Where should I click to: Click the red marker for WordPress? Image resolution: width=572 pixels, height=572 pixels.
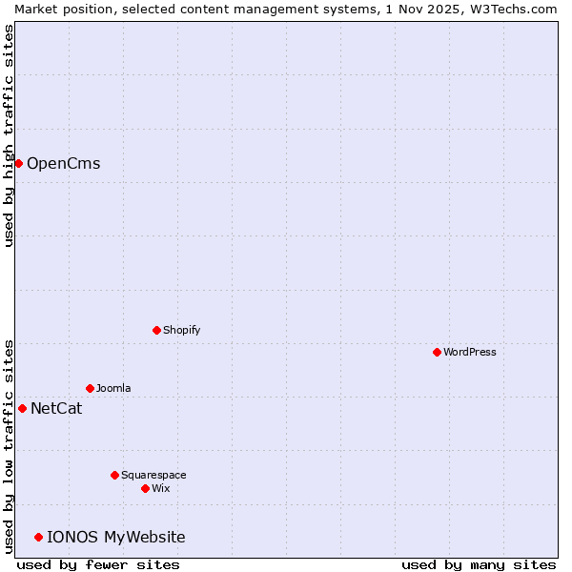point(437,352)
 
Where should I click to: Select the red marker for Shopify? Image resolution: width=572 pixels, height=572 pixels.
point(156,330)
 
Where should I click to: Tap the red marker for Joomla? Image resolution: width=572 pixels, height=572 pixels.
point(90,388)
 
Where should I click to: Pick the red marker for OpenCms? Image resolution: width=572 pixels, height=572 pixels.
point(18,163)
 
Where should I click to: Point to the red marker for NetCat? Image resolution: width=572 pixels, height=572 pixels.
point(22,408)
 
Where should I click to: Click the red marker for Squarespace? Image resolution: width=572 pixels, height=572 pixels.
point(114,475)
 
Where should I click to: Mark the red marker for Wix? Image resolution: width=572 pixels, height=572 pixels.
point(145,488)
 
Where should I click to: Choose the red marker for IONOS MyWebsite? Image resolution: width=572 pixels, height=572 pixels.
point(38,537)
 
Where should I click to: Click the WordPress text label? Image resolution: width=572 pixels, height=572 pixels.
point(470,352)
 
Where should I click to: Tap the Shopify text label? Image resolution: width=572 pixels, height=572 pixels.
point(182,330)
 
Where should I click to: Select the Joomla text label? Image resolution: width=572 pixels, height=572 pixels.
point(113,388)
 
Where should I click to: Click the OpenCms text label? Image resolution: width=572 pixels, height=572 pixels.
point(63,163)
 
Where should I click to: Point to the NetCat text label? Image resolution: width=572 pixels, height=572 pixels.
point(56,409)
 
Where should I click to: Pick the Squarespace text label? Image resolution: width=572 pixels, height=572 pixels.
point(153,475)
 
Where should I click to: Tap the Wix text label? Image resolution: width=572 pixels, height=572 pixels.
point(161,488)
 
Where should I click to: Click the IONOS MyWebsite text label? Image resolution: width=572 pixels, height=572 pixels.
point(116,538)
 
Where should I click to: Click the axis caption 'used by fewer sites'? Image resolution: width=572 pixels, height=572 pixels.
point(98,564)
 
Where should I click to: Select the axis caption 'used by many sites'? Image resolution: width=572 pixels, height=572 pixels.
point(479,564)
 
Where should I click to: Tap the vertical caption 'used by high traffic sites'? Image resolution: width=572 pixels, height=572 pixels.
point(9,135)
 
